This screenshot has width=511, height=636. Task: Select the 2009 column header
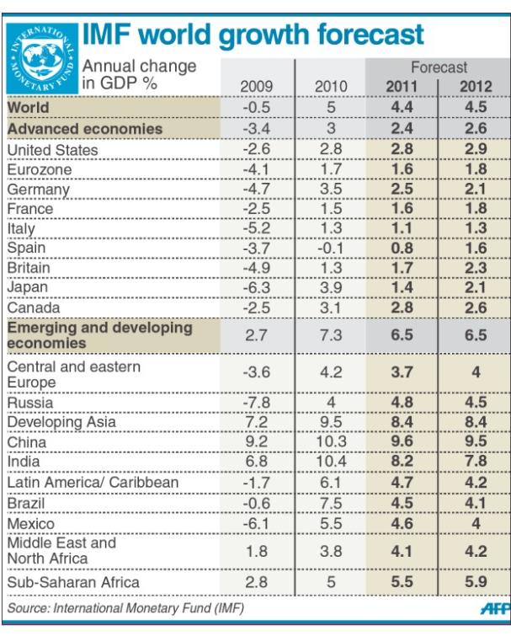tap(257, 86)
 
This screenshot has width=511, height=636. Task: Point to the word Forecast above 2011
tap(439, 67)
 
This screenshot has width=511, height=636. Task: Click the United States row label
tap(53, 150)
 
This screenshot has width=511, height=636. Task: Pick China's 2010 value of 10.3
tap(330, 442)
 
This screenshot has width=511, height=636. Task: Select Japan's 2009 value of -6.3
tap(257, 287)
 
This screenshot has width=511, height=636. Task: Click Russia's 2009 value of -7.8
tap(257, 403)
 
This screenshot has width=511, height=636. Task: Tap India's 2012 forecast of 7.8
tap(476, 462)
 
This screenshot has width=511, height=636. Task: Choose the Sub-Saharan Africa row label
tap(73, 582)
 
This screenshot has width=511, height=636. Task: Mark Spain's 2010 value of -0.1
tap(330, 248)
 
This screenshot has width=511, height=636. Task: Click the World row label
tap(28, 108)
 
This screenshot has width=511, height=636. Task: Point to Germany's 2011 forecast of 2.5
tap(403, 190)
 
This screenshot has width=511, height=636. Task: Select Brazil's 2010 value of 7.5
tap(330, 502)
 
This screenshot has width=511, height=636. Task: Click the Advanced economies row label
tap(84, 129)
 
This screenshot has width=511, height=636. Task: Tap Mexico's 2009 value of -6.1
tap(257, 522)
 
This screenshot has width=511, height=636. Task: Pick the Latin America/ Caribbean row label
tap(93, 483)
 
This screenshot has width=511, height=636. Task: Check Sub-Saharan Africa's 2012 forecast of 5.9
tap(476, 582)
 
